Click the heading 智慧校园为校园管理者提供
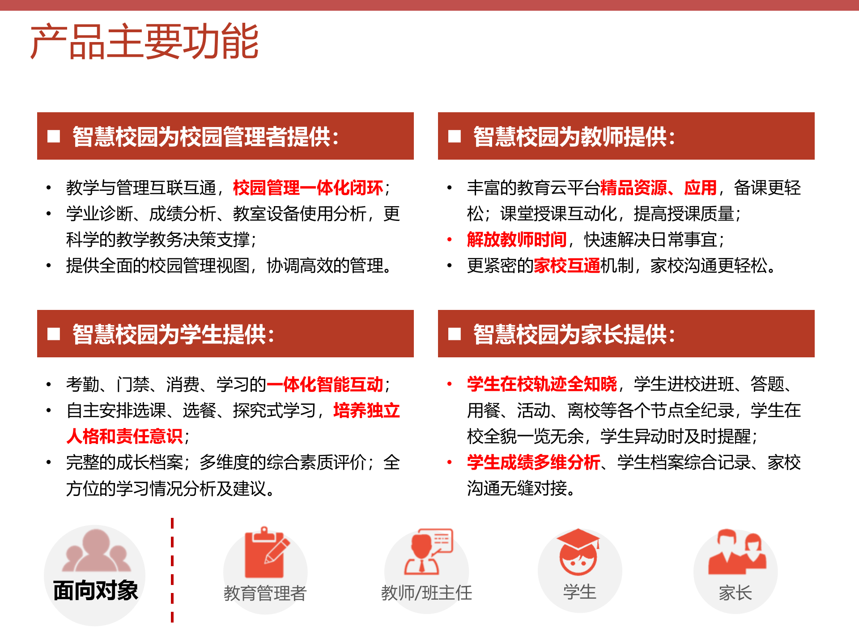coord(205,136)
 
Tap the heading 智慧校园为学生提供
coord(173,334)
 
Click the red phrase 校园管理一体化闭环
coord(308,188)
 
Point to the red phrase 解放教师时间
coord(517,240)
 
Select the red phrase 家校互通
coord(567,266)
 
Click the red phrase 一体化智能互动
coord(325,385)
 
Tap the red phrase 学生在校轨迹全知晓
coord(542,385)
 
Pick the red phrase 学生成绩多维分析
coord(533,462)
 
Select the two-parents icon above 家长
coord(736,553)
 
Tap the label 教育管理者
coord(265,593)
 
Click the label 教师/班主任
coord(426,593)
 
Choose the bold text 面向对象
coord(95,590)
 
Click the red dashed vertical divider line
coord(172,570)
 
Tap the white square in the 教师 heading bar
coord(455,136)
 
